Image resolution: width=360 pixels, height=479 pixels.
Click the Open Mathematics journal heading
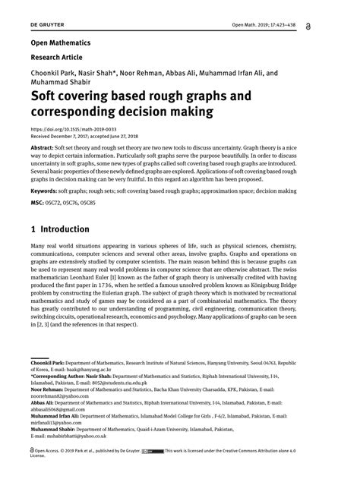point(60,43)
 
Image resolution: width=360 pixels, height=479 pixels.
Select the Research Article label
point(61,58)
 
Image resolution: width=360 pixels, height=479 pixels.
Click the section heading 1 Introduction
point(60,229)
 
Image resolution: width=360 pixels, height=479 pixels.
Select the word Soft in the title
point(46,96)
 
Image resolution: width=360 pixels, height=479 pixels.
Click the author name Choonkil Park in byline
point(55,74)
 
